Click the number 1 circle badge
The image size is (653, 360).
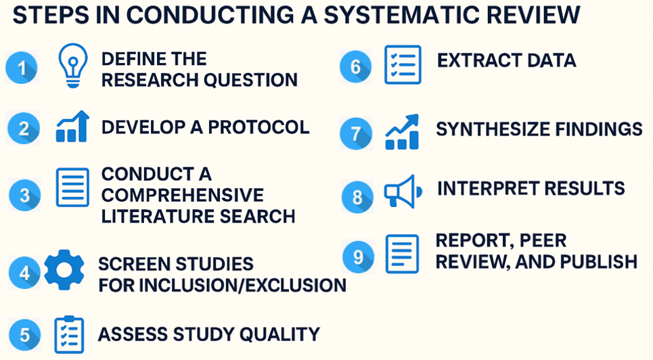[22, 68]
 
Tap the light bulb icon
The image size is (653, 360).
[73, 66]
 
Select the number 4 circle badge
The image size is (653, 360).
[24, 273]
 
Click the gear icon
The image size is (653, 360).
[64, 269]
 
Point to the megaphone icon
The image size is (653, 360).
[403, 192]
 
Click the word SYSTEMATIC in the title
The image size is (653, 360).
[400, 15]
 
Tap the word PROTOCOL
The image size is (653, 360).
[258, 127]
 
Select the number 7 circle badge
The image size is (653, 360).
[356, 133]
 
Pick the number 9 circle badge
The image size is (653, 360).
[358, 256]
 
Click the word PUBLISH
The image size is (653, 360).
[598, 262]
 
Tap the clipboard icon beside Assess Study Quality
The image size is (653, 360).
[69, 334]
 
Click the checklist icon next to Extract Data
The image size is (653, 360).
[403, 65]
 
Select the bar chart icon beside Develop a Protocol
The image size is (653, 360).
[72, 127]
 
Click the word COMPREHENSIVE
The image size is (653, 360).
[183, 195]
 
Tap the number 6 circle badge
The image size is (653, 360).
[356, 67]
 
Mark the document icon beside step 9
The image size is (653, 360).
[403, 254]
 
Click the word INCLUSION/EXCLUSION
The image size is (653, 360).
[242, 286]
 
